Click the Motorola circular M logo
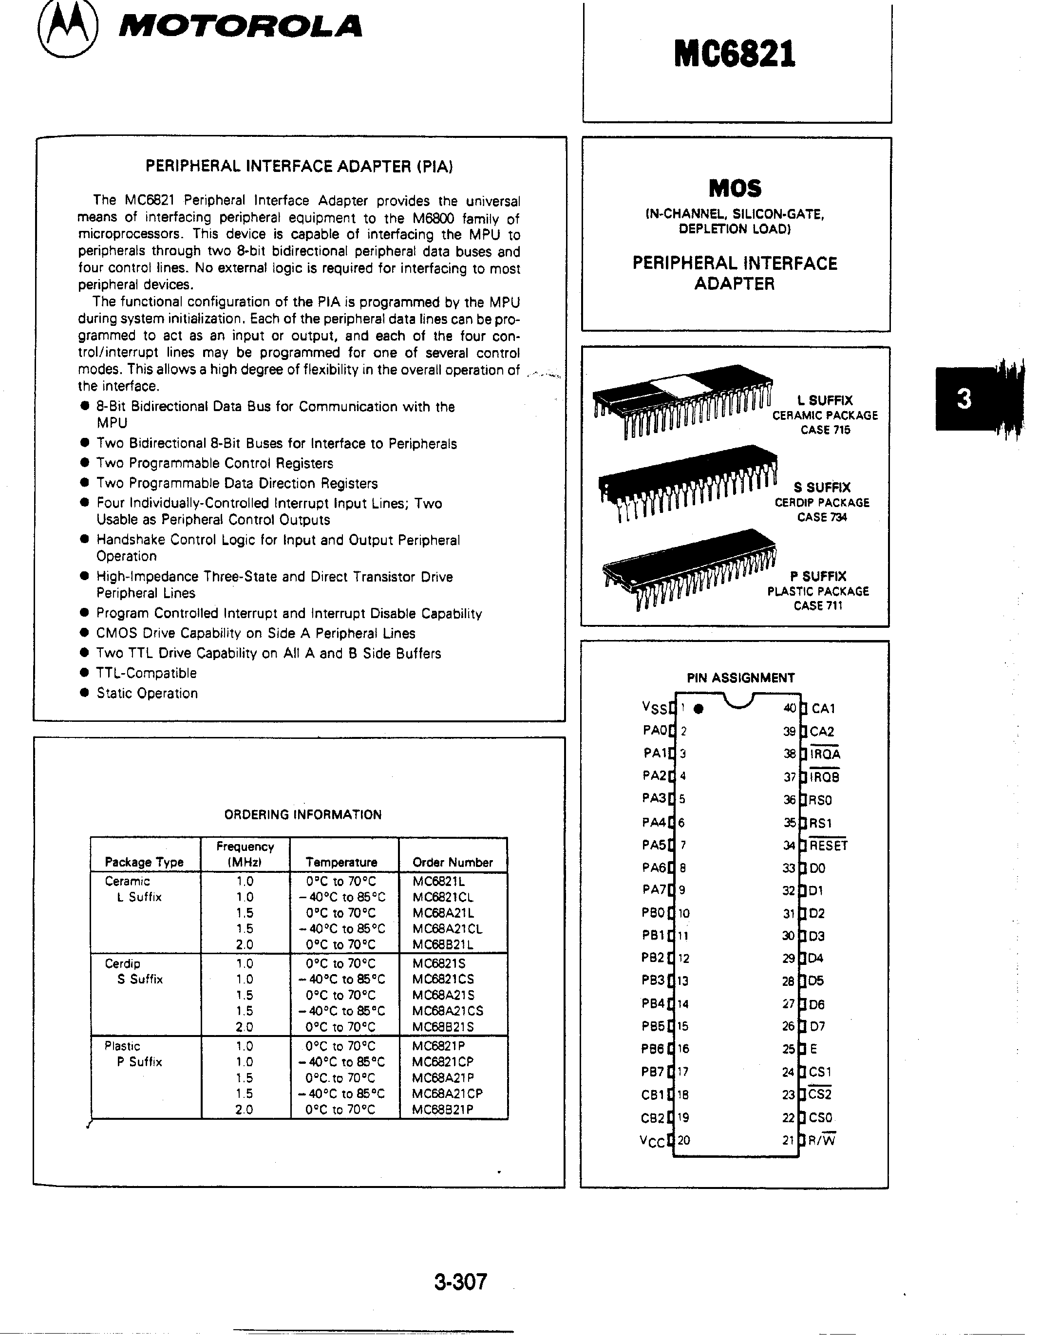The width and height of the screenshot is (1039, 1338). (x=67, y=29)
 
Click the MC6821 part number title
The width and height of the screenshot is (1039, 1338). (x=734, y=54)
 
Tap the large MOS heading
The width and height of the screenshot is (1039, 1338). (x=735, y=188)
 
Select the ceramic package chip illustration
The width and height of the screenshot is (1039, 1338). (x=680, y=401)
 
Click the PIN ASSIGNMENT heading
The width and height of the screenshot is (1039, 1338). (x=740, y=678)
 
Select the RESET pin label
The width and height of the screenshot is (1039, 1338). (x=828, y=846)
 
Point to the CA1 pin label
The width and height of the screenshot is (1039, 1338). (x=823, y=709)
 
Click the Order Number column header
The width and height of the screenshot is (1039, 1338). (x=452, y=862)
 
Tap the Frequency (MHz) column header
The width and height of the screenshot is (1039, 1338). (x=245, y=854)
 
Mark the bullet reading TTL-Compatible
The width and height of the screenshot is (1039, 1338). (x=147, y=673)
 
